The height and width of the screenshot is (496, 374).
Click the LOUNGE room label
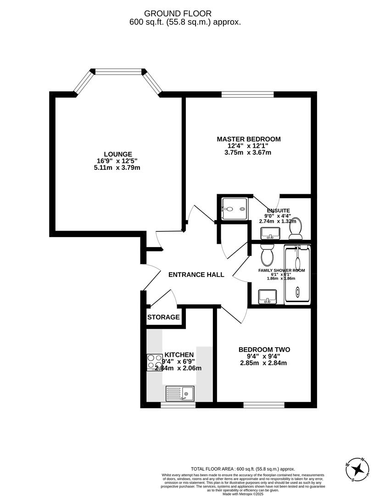(x=117, y=154)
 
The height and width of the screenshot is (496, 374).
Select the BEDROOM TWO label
(x=264, y=349)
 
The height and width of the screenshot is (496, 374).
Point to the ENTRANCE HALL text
(x=196, y=275)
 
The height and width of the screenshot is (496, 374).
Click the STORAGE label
(x=163, y=317)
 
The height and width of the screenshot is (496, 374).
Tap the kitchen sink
(x=180, y=394)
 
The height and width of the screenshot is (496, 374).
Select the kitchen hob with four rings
(x=154, y=362)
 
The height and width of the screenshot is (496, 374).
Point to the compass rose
(x=359, y=469)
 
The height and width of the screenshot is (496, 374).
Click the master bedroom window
(x=247, y=95)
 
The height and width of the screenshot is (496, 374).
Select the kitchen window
(x=178, y=405)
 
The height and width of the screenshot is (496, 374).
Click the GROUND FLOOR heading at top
(x=186, y=14)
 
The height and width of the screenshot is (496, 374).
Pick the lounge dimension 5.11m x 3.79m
(x=117, y=168)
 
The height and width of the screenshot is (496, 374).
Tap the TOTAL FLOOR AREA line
(x=243, y=469)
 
